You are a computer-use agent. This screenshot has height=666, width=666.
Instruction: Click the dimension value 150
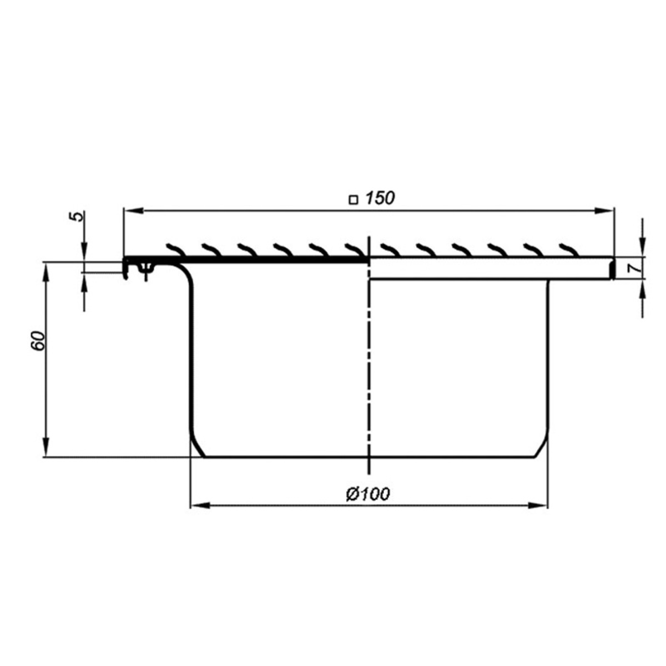(380, 198)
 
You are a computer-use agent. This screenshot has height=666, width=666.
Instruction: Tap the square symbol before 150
(353, 200)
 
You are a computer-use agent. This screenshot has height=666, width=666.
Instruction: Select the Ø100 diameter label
(368, 494)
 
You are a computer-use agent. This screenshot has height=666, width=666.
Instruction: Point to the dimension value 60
(39, 341)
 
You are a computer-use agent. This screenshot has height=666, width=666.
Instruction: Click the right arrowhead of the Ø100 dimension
(538, 505)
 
